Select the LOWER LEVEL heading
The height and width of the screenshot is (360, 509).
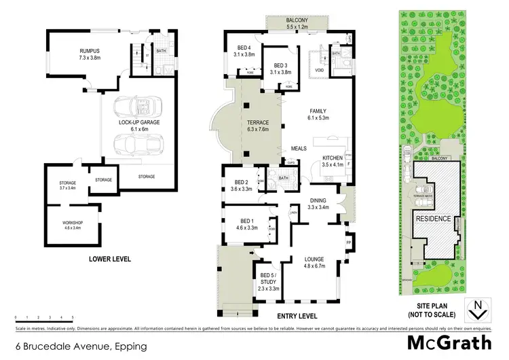pos(109,259)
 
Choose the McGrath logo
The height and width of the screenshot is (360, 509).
pos(451,342)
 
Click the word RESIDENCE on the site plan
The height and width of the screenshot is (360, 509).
pos(434,219)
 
